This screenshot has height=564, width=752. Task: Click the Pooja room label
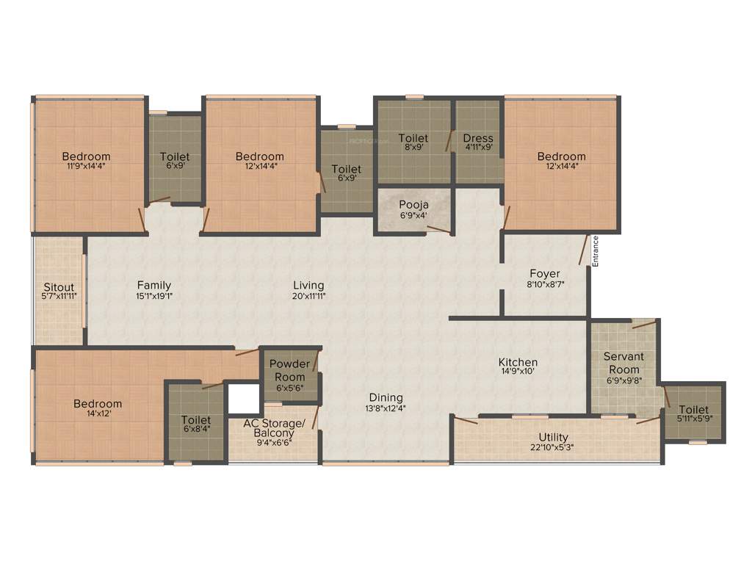tap(413, 204)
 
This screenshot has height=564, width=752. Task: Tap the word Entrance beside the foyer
tap(596, 250)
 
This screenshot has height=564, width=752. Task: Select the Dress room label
tap(478, 138)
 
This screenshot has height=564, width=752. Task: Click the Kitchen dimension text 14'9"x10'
tap(518, 372)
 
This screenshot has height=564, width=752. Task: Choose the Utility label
tap(553, 438)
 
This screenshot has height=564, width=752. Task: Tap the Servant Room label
tap(623, 363)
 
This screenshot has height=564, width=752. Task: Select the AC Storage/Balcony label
tap(274, 428)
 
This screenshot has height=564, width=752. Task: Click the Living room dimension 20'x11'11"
tap(308, 296)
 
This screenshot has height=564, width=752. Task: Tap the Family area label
tap(154, 286)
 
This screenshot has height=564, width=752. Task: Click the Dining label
tap(386, 398)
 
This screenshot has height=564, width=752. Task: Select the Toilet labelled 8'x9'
tap(413, 138)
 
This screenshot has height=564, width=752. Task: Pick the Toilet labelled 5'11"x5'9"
tap(694, 410)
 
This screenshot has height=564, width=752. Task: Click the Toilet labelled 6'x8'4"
tap(196, 420)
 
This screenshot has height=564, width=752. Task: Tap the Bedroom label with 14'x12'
tap(98, 404)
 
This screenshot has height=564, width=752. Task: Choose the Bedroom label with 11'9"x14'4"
tap(86, 156)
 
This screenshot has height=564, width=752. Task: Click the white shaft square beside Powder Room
tap(242, 399)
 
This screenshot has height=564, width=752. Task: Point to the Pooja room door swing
tap(438, 230)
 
